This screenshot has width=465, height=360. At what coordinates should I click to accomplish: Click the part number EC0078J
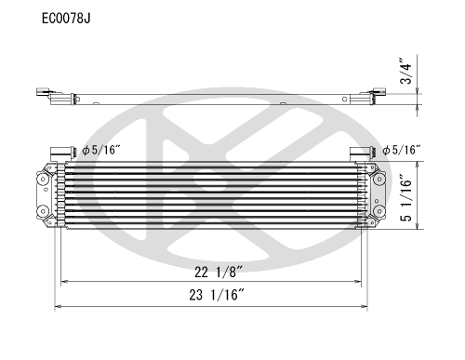coord(66,19)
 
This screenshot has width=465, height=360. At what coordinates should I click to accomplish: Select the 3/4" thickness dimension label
coord(406,71)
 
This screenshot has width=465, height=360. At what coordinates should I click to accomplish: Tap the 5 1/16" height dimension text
coord(406,198)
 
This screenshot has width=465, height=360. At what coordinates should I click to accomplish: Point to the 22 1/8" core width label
coord(219,272)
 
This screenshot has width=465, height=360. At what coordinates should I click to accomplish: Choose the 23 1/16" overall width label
coord(218,295)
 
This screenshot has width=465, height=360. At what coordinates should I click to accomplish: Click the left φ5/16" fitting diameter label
coord(101,151)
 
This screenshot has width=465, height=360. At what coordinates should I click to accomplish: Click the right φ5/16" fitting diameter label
coord(402,151)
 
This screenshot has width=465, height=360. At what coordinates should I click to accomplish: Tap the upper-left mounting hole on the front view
coord(43,179)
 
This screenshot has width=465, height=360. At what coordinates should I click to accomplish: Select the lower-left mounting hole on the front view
coord(43,211)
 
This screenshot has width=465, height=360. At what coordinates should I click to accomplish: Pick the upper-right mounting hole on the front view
coord(379,179)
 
